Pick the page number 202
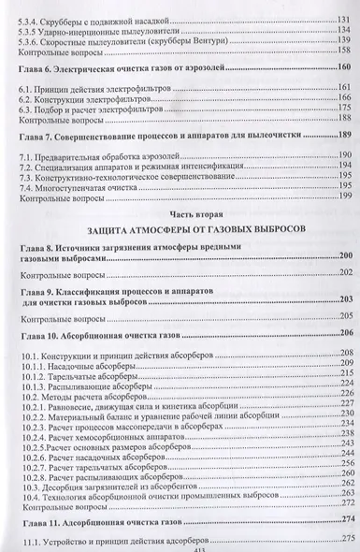(344, 272)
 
